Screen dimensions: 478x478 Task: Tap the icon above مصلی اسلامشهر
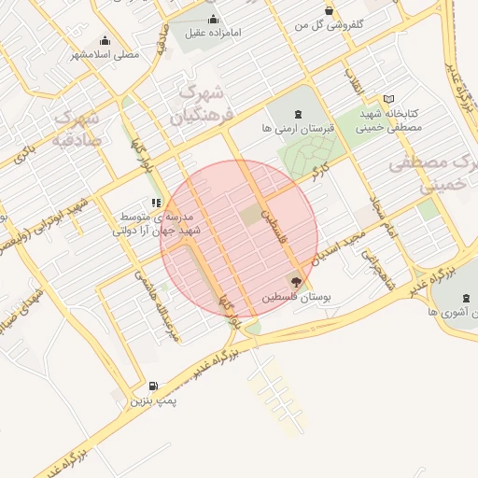(x=105, y=40)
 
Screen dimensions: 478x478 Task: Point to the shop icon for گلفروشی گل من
(x=329, y=10)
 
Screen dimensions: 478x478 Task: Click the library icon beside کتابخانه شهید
(x=388, y=99)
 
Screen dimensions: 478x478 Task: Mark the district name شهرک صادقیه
(x=78, y=131)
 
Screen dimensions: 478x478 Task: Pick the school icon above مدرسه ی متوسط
(x=155, y=202)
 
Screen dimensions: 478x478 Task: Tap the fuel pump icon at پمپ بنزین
(x=153, y=386)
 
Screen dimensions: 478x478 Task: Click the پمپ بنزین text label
(x=152, y=401)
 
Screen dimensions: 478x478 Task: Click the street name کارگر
(x=320, y=173)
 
